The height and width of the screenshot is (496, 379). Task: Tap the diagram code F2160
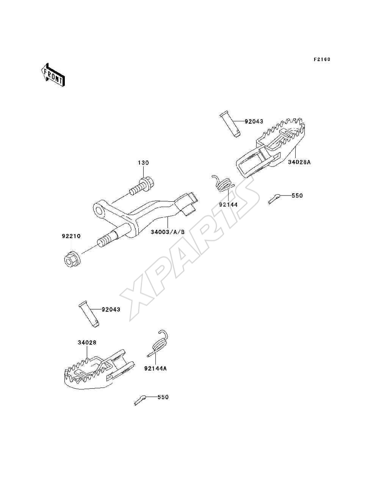(x=322, y=60)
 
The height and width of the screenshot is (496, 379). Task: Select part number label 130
(x=143, y=163)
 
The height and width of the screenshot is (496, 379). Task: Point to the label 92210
(x=71, y=236)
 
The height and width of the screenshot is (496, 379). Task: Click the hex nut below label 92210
(x=72, y=259)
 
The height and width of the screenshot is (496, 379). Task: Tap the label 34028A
(x=299, y=162)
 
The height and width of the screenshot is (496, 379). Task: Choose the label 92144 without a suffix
(x=228, y=205)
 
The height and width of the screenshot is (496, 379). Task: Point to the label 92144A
(x=155, y=369)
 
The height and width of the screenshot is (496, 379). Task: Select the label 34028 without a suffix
(x=87, y=342)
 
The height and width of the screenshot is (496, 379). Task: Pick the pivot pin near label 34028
(x=89, y=314)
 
